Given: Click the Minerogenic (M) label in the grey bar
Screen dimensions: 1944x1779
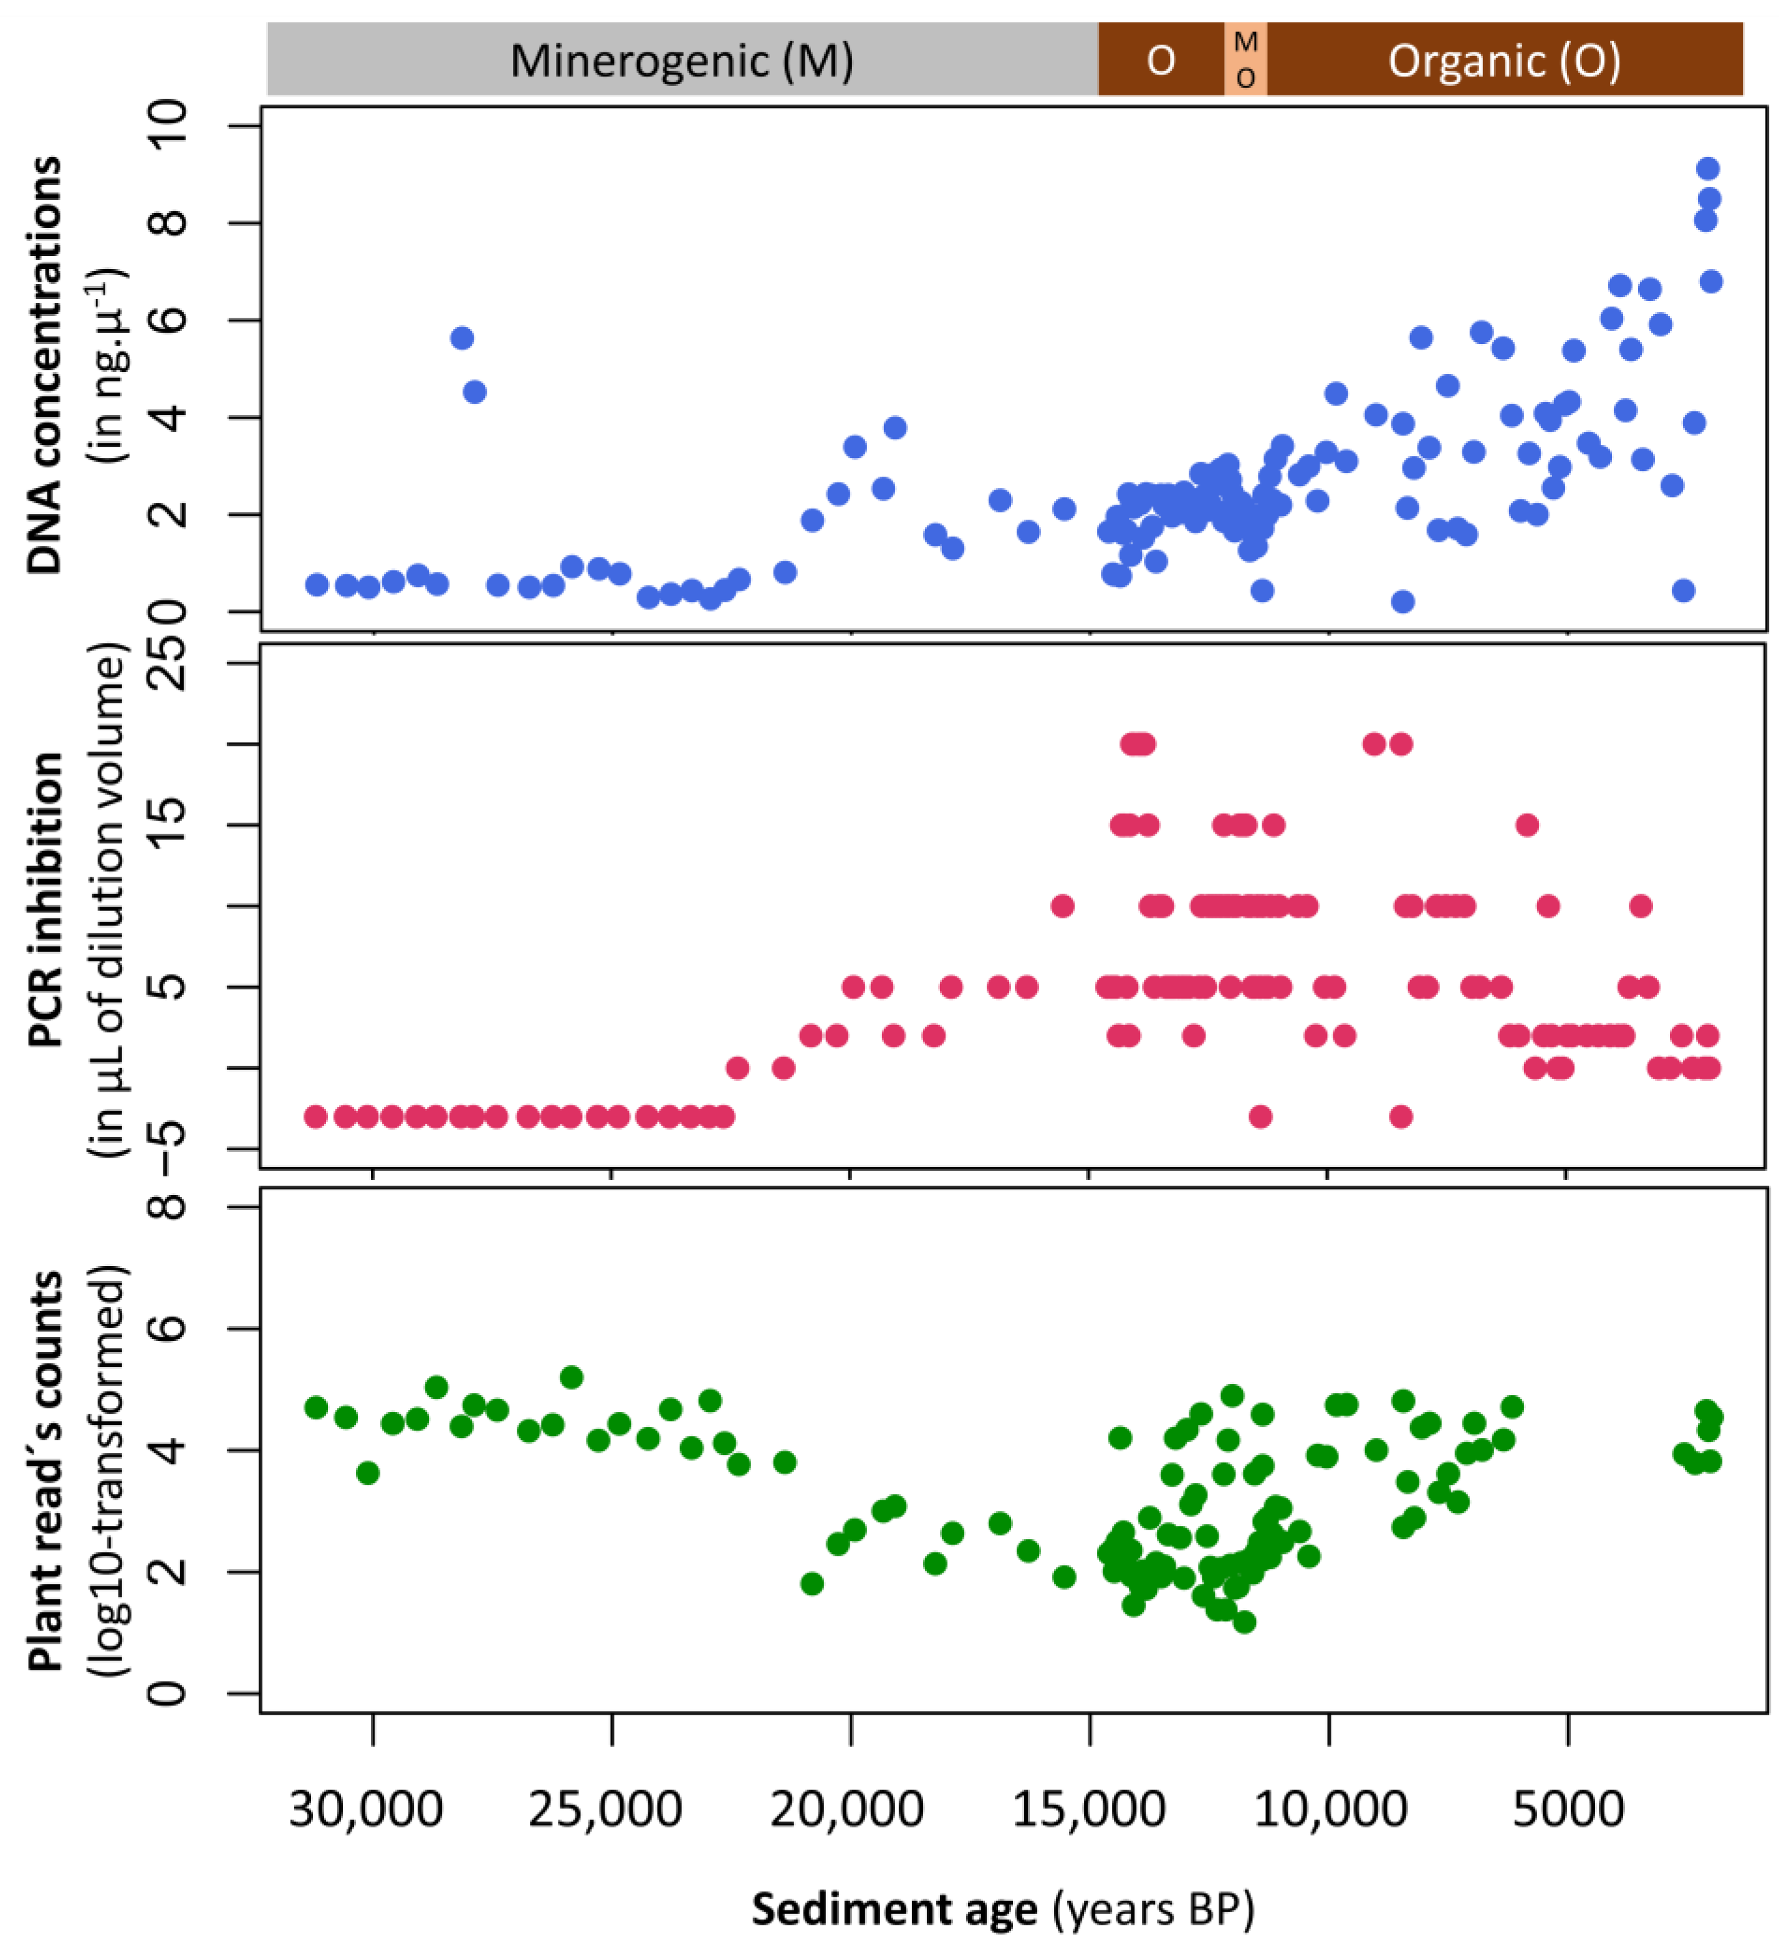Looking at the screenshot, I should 681,61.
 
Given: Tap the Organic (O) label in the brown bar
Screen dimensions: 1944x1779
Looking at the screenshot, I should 1504,61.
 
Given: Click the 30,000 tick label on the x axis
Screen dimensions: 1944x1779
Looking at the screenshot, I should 367,1811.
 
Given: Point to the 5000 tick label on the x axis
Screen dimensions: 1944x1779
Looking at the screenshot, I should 1568,1811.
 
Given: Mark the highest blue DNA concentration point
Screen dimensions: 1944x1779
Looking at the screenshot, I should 1707,169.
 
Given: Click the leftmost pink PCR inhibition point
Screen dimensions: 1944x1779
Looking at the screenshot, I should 315,1117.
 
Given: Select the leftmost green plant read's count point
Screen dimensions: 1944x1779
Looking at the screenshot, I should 315,1407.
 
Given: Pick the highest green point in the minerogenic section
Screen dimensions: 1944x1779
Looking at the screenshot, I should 571,1377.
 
